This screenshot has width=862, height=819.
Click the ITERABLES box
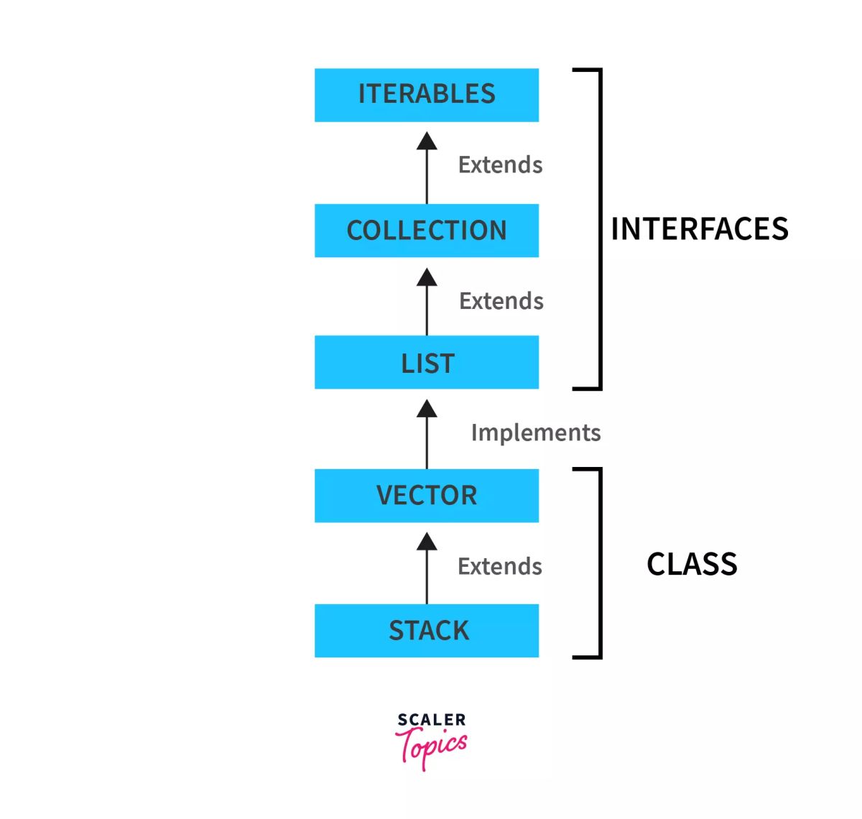click(427, 95)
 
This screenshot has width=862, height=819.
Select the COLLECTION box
click(427, 231)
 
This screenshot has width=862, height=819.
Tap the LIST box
click(427, 363)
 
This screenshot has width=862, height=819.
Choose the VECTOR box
click(427, 496)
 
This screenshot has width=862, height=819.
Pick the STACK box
click(427, 631)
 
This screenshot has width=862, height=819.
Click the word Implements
click(536, 432)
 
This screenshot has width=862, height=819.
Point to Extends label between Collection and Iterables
click(501, 165)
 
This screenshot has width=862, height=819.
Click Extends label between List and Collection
click(501, 300)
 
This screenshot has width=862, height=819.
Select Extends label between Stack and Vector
click(500, 566)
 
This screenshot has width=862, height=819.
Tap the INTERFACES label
click(699, 229)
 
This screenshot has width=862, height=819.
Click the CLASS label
click(692, 564)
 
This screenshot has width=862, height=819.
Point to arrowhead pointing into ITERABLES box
click(427, 141)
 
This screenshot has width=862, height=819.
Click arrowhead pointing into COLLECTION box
click(427, 277)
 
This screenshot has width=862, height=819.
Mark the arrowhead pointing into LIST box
click(427, 409)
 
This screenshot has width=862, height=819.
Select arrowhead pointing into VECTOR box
click(427, 542)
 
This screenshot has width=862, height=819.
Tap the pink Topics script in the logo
click(431, 747)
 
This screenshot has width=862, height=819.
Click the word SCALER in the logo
click(432, 719)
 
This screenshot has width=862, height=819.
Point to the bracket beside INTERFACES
click(600, 229)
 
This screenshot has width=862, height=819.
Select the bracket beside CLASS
click(600, 563)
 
